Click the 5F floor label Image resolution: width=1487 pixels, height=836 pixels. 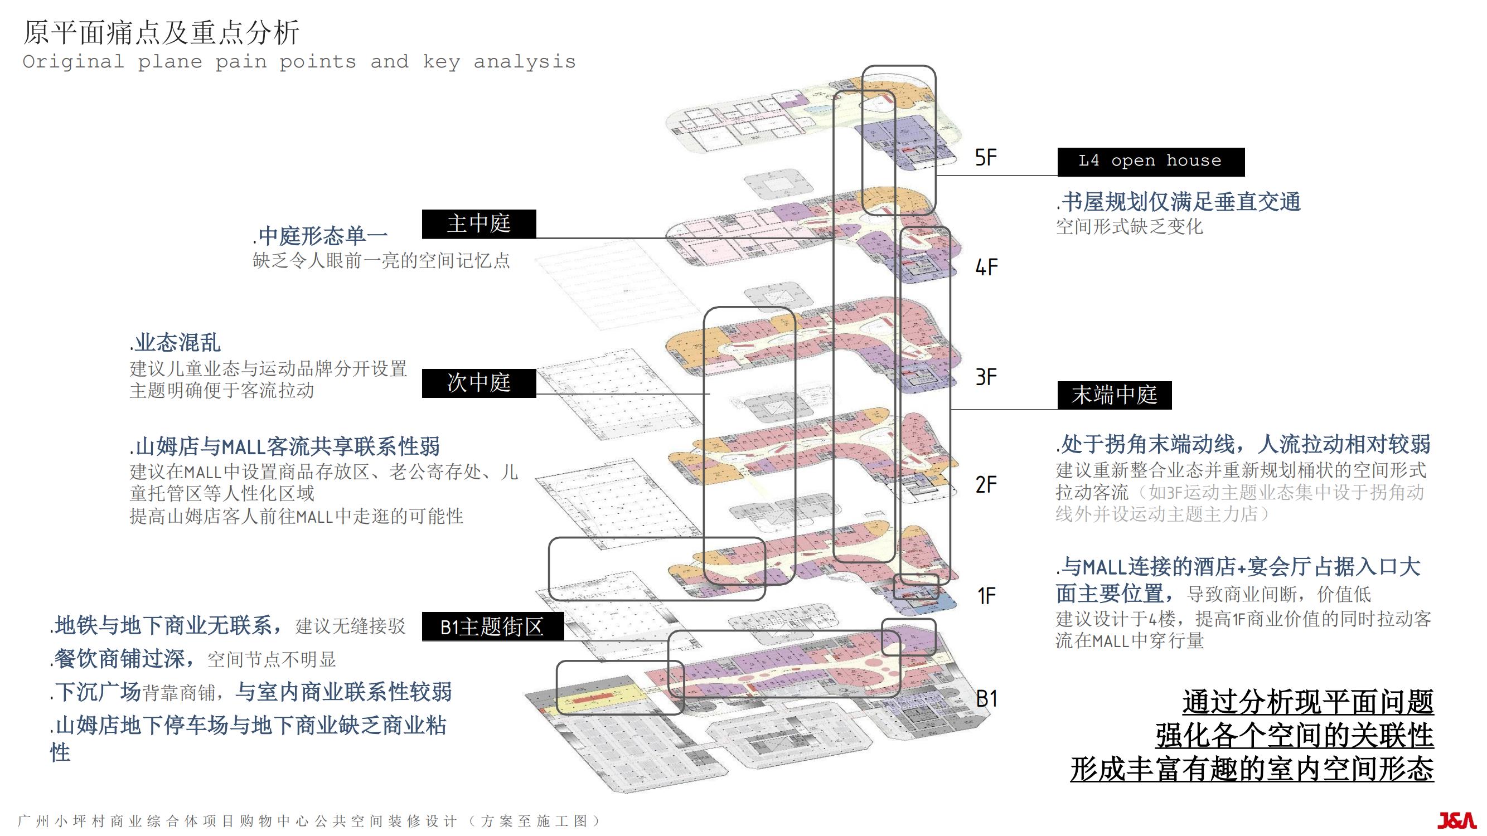[986, 158]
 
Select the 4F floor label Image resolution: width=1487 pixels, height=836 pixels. [986, 267]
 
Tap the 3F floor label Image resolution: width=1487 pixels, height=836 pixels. [986, 377]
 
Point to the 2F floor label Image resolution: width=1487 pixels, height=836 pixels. [986, 485]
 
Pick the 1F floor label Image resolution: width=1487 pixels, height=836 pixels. [986, 596]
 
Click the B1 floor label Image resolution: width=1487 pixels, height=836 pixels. [986, 699]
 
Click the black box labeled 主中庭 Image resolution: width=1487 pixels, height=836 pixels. [478, 224]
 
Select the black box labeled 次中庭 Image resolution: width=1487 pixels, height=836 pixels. [478, 383]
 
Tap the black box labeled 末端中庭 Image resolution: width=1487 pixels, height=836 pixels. [1114, 395]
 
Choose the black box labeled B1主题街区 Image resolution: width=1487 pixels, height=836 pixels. [492, 626]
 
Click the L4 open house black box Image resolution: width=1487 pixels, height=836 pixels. [1150, 162]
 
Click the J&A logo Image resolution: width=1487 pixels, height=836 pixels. [1455, 820]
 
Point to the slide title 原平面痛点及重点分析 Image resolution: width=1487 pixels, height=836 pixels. [162, 32]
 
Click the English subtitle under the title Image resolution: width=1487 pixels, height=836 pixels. [299, 62]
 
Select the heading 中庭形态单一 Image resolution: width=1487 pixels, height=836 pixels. [321, 235]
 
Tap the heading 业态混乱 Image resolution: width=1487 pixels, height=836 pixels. [176, 343]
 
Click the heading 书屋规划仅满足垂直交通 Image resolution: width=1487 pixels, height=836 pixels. [1179, 202]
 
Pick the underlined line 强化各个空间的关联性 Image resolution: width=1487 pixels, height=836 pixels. [1295, 736]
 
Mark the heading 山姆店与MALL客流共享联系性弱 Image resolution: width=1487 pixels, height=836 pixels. [285, 446]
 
